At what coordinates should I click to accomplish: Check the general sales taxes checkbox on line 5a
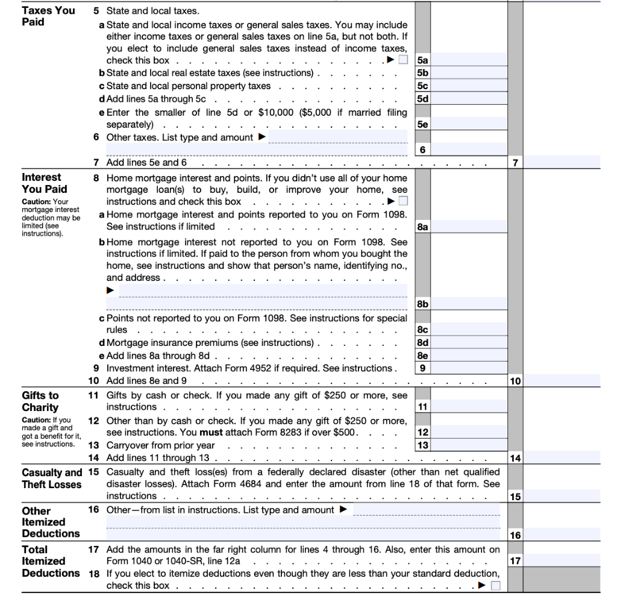pyautogui.click(x=403, y=60)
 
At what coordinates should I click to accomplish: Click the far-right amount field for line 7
pyautogui.click(x=562, y=162)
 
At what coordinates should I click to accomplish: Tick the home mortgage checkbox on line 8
pyautogui.click(x=403, y=201)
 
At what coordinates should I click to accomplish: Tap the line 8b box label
pyautogui.click(x=422, y=304)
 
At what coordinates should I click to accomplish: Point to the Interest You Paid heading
pyautogui.click(x=41, y=183)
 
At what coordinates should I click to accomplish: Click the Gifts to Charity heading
pyautogui.click(x=40, y=401)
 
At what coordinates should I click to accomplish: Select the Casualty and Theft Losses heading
pyautogui.click(x=51, y=478)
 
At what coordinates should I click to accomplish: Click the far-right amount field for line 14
pyautogui.click(x=562, y=458)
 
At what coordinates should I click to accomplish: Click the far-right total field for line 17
pyautogui.click(x=562, y=560)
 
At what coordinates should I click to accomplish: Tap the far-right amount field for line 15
pyautogui.click(x=562, y=497)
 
